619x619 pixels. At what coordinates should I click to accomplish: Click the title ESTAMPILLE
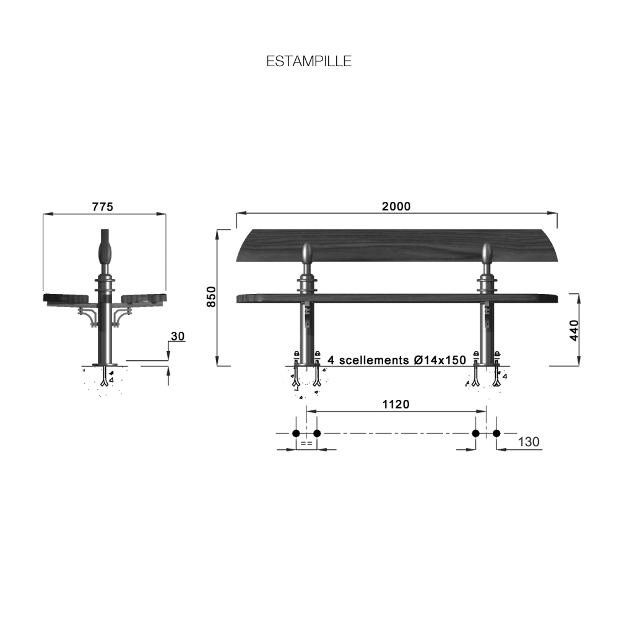point(309,61)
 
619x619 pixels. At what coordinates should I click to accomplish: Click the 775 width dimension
point(103,207)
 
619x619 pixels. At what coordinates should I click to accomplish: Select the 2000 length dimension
point(396,206)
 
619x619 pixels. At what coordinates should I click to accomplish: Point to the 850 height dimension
point(212,297)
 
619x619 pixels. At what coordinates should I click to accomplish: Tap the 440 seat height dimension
point(574,331)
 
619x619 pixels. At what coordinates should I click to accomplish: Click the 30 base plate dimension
point(178,336)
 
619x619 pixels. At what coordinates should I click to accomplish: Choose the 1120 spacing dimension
point(396,404)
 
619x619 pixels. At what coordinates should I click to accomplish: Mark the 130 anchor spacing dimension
point(528,441)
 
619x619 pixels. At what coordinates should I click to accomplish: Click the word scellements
point(374,360)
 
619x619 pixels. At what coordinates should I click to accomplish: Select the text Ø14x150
point(439,360)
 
